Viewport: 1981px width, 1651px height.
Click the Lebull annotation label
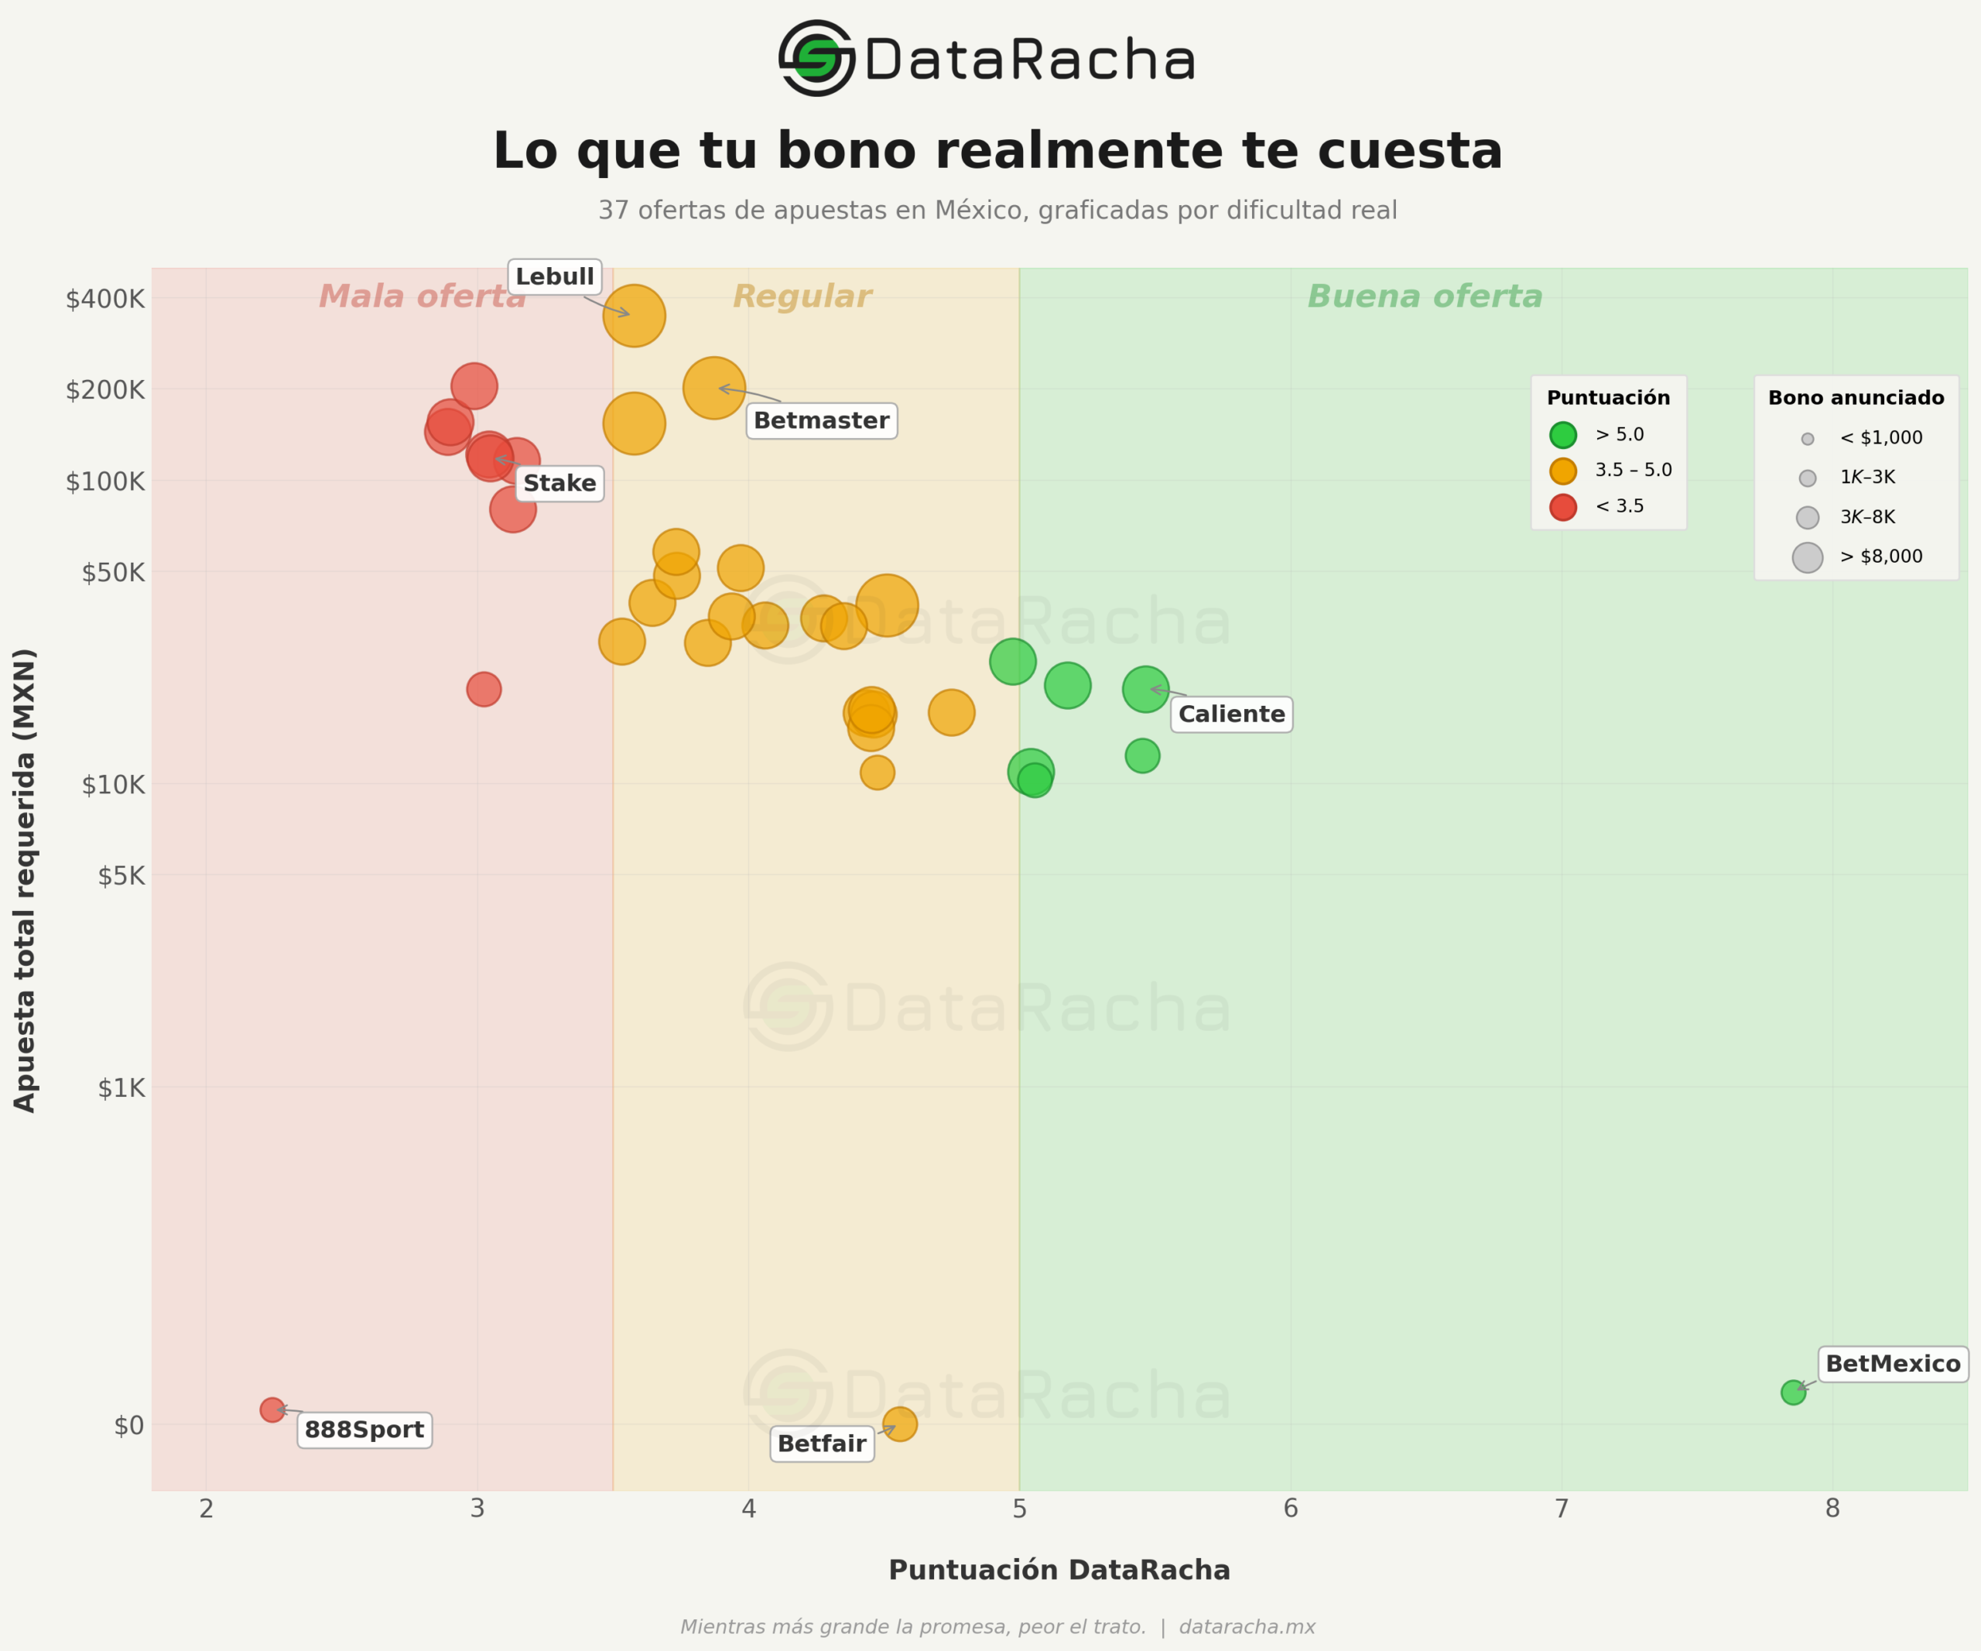pos(555,276)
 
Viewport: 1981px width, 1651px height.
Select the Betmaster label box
pos(821,421)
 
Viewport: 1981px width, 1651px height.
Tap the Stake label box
pos(559,483)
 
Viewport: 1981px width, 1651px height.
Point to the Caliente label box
pos(1231,714)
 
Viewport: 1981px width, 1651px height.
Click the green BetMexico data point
pos(1793,1392)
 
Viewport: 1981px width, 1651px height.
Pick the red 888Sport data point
pos(272,1410)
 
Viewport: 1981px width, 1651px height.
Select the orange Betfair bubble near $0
pos(900,1423)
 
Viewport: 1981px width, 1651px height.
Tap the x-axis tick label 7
pos(1562,1509)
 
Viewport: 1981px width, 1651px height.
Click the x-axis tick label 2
pos(207,1509)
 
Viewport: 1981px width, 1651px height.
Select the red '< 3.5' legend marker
pos(1563,507)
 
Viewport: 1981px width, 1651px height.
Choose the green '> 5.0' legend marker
pos(1563,435)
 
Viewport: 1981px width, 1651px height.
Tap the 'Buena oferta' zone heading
pos(1425,296)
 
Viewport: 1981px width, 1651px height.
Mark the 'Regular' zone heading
pos(802,296)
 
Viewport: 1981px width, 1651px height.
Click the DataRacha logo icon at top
pos(816,59)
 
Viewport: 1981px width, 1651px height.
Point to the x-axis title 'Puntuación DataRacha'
pos(1059,1570)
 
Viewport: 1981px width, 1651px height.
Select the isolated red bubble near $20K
pos(484,689)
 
